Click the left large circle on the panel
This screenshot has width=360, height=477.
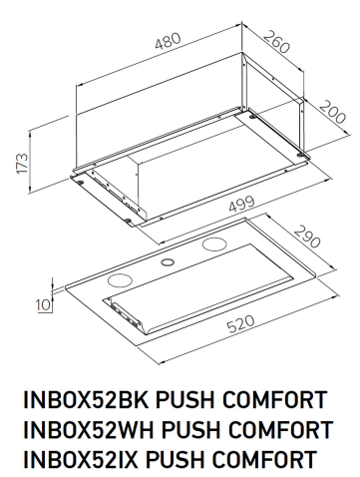click(x=120, y=278)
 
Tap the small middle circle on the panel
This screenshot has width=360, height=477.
click(x=166, y=262)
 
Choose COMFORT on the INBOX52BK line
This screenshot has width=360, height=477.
click(x=280, y=403)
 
